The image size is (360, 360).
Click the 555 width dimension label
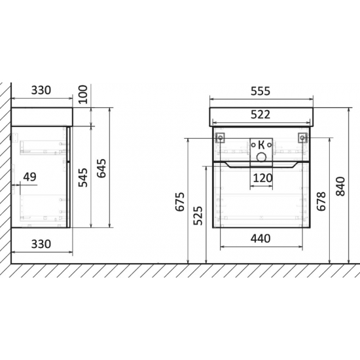click(x=261, y=91)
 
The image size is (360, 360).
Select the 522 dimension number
click(x=261, y=115)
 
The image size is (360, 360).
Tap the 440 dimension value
click(x=261, y=239)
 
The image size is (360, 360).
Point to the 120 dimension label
click(x=262, y=178)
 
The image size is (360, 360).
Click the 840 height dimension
click(x=340, y=187)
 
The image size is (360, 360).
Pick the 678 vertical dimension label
click(x=321, y=201)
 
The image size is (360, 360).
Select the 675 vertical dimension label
click(x=180, y=202)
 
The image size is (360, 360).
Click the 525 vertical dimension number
click(x=198, y=216)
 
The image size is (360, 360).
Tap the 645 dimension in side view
click(x=101, y=168)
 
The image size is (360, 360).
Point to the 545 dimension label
click(x=83, y=177)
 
